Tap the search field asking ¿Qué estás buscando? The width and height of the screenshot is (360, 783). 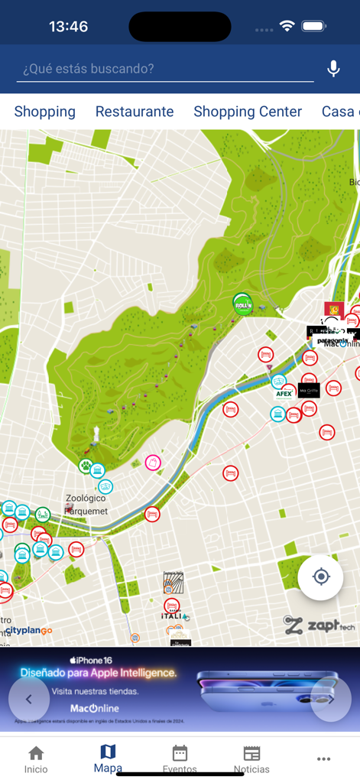(x=164, y=69)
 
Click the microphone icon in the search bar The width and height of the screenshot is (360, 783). (x=333, y=69)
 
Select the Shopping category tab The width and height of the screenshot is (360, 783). (x=45, y=112)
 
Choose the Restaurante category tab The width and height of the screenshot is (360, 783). (x=135, y=112)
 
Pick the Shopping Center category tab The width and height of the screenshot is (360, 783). (x=248, y=112)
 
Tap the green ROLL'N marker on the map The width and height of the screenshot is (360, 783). (x=243, y=304)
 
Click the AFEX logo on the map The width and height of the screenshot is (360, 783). (x=284, y=394)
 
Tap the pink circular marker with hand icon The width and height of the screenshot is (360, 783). (x=153, y=463)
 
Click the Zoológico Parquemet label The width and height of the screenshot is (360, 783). (x=86, y=504)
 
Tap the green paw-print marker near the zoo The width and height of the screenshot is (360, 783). (x=86, y=465)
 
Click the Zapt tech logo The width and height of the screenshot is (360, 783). (x=319, y=625)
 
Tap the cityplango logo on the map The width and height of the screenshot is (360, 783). (x=29, y=631)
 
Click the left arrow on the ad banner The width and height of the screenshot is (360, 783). (x=29, y=699)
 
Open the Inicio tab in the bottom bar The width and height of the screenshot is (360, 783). (x=36, y=759)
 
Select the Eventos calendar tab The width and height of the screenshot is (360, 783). (x=180, y=759)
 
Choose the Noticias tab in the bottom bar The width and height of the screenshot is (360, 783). (x=251, y=759)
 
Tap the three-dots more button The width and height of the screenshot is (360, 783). (x=323, y=759)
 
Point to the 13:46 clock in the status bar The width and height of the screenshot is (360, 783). (x=68, y=27)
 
